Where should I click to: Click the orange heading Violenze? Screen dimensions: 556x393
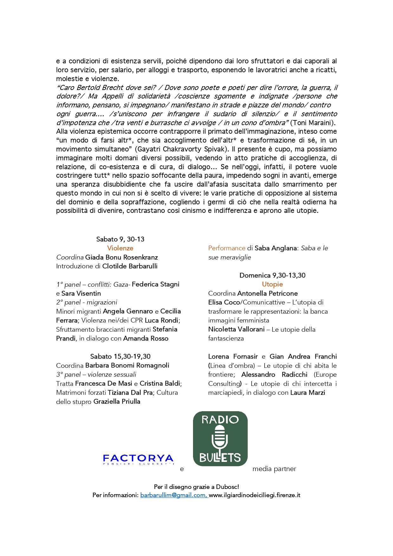click(x=120, y=248)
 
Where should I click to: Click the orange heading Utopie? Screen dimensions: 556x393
click(x=272, y=284)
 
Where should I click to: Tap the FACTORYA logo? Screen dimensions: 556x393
click(x=138, y=459)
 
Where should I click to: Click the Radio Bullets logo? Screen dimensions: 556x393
click(x=220, y=439)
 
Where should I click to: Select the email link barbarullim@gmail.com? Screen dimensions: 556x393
click(x=174, y=495)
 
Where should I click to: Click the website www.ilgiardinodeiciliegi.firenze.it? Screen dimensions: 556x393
click(x=254, y=495)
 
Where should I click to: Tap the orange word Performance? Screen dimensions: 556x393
click(x=227, y=248)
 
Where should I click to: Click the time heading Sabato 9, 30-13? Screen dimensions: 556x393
click(x=120, y=239)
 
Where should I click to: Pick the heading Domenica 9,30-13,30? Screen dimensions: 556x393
click(x=272, y=275)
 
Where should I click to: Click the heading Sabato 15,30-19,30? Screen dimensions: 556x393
click(x=120, y=356)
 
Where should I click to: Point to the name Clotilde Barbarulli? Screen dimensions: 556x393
click(x=130, y=266)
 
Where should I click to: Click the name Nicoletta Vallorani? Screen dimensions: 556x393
click(x=236, y=329)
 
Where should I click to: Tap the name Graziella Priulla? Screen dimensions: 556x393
click(x=117, y=401)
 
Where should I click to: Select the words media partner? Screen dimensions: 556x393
click(x=274, y=469)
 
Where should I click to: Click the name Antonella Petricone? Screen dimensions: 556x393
click(x=267, y=293)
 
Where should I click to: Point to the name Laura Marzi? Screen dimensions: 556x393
click(x=307, y=393)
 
